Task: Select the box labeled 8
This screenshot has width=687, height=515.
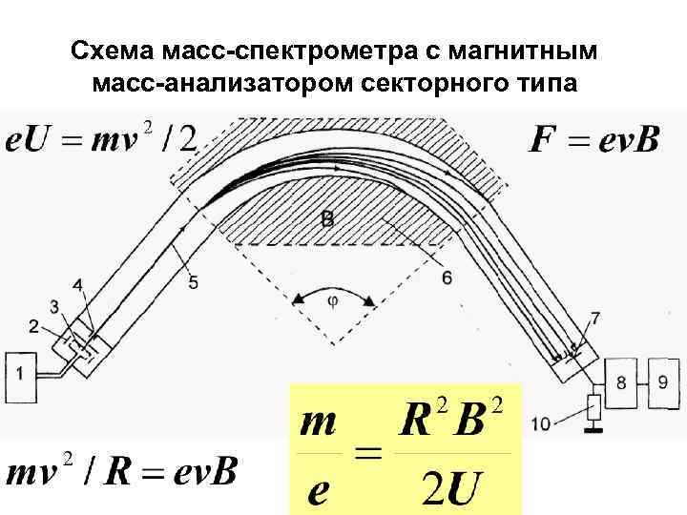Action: (x=620, y=382)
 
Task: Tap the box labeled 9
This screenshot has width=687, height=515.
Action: (x=662, y=381)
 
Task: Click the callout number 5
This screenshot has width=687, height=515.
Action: (x=194, y=282)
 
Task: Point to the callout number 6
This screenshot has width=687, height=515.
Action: (x=448, y=278)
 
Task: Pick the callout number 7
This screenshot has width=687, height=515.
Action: (x=595, y=318)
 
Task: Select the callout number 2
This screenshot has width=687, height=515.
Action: (x=34, y=327)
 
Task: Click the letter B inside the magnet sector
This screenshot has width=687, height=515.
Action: (x=327, y=219)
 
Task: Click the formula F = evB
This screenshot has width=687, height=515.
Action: (x=593, y=140)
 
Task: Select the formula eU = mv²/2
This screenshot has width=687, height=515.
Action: (x=101, y=140)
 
